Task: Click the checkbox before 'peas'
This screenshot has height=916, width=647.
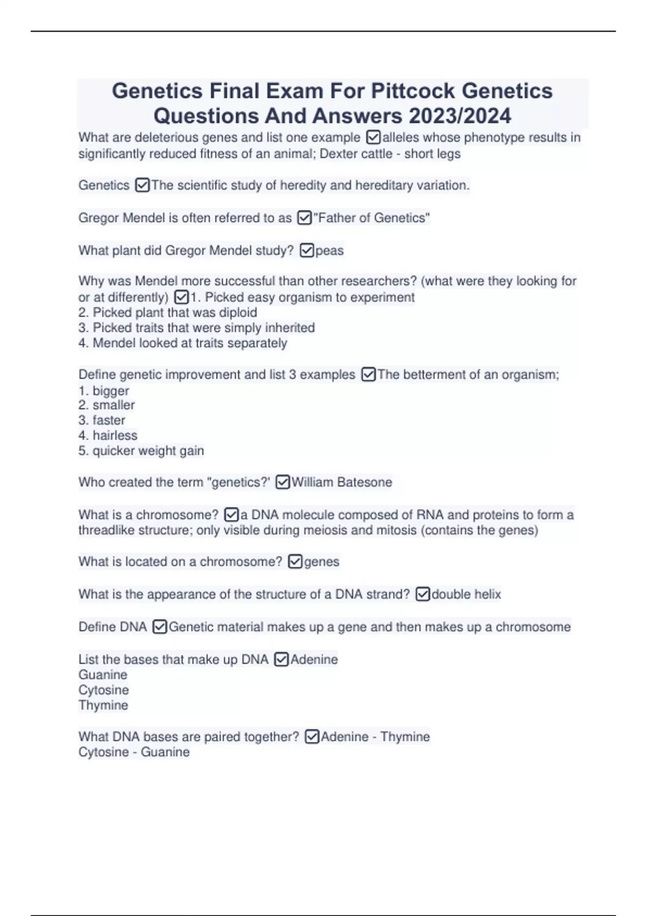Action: [306, 251]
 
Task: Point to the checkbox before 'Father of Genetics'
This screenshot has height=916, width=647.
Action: [304, 218]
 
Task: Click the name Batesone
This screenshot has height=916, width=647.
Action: [365, 482]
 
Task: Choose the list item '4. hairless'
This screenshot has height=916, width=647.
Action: [108, 435]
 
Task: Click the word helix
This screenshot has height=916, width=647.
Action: [487, 594]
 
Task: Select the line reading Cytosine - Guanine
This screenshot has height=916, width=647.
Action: [134, 752]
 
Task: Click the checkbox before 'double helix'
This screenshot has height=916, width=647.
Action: [423, 594]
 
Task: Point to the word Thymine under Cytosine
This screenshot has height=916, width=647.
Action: [103, 705]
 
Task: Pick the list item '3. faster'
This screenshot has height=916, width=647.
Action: [101, 420]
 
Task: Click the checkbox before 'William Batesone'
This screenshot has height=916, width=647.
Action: [283, 482]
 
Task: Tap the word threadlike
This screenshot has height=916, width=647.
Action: [106, 530]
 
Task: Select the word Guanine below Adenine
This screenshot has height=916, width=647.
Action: [103, 675]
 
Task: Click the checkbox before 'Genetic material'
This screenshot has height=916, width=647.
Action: [160, 627]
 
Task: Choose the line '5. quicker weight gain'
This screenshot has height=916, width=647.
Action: [141, 450]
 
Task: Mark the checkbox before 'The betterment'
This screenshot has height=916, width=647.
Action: [368, 374]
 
